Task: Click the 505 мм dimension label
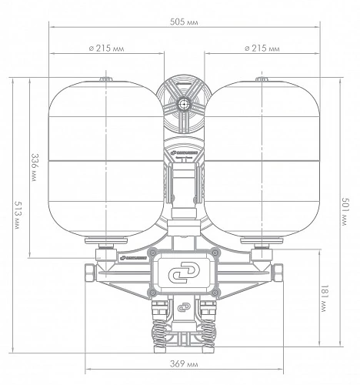pos(184,22)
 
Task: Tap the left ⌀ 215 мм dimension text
pos(106,49)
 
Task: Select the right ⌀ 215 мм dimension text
pos(262,49)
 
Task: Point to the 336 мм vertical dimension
pos(34,167)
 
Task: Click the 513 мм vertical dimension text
pos(18,215)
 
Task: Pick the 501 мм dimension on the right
pos(345,212)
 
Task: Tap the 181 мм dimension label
pos(325,299)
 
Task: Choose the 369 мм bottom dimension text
pos(184,363)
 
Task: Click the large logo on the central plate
pos(184,273)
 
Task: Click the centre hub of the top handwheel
pos(183,104)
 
